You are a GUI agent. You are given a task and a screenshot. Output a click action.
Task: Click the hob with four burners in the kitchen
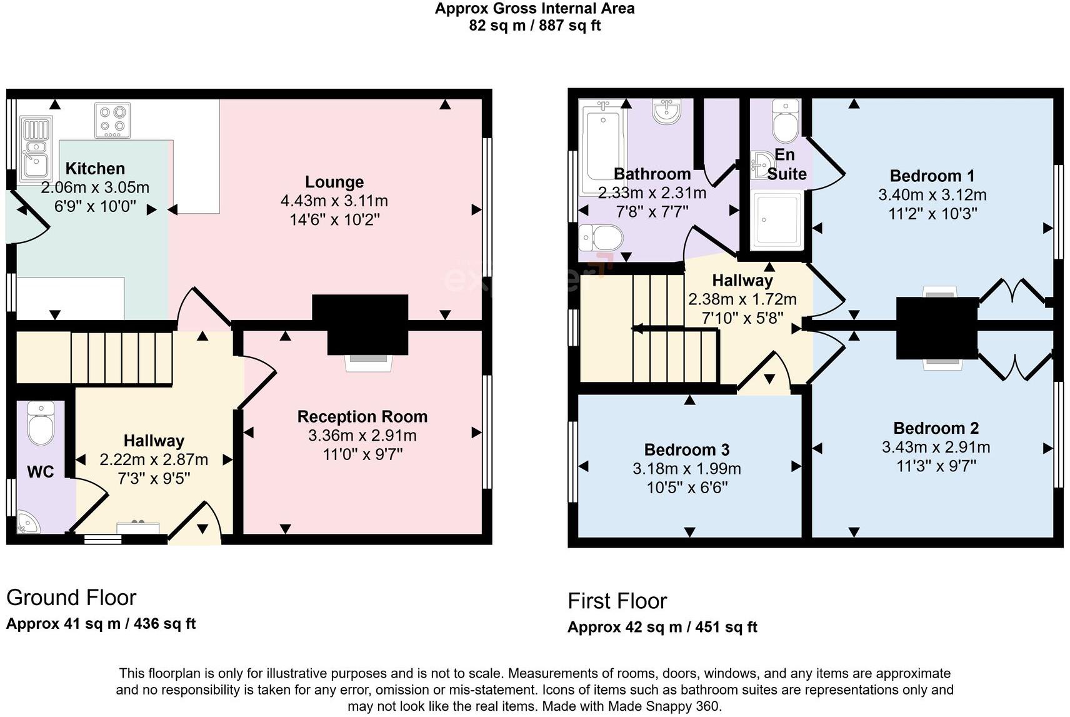pos(113,120)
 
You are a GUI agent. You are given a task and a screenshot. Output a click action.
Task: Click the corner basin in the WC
pos(27,523)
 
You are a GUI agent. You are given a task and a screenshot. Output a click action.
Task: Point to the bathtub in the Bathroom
pos(602,148)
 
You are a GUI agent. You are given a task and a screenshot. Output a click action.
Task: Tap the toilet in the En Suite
pos(786,121)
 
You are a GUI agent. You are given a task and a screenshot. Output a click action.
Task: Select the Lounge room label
pos(334,182)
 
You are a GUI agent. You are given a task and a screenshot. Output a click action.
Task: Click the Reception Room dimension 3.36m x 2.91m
pos(362,436)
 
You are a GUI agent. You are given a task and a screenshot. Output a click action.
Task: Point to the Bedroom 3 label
pos(687,450)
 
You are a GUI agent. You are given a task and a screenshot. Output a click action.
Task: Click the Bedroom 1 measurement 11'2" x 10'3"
pos(932,214)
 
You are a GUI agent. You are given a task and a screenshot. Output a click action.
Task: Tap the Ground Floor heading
pos(71,598)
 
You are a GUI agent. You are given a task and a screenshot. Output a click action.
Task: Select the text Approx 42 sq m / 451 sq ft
pos(662,627)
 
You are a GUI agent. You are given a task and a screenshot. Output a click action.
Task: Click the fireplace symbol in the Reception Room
pos(369,363)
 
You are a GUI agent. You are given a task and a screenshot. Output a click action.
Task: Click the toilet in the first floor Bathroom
pos(601,238)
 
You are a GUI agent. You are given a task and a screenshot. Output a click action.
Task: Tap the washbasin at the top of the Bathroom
pos(667,111)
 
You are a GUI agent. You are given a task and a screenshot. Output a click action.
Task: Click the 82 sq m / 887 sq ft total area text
pos(534,26)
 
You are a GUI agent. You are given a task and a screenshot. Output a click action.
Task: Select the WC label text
pos(40,472)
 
